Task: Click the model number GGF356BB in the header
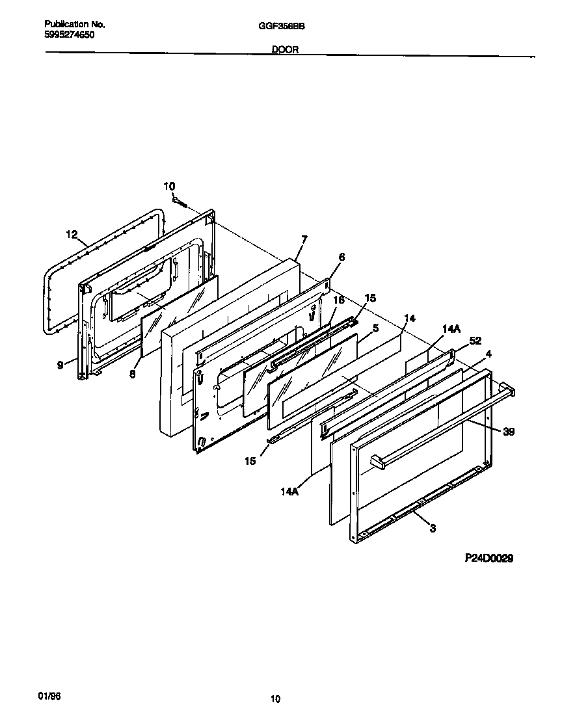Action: pos(282,26)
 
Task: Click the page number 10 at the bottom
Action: pos(276,700)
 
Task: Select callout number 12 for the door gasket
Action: pos(72,233)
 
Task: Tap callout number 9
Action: pos(60,365)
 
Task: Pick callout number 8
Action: pos(132,374)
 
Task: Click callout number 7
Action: pos(304,239)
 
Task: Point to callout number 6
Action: pos(341,257)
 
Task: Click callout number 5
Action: pos(375,328)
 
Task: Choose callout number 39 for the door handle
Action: pos(508,431)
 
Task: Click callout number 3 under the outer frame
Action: pos(433,528)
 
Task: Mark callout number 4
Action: pos(488,354)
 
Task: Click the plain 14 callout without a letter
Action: pos(409,318)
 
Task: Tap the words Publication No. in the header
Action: pos(74,24)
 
